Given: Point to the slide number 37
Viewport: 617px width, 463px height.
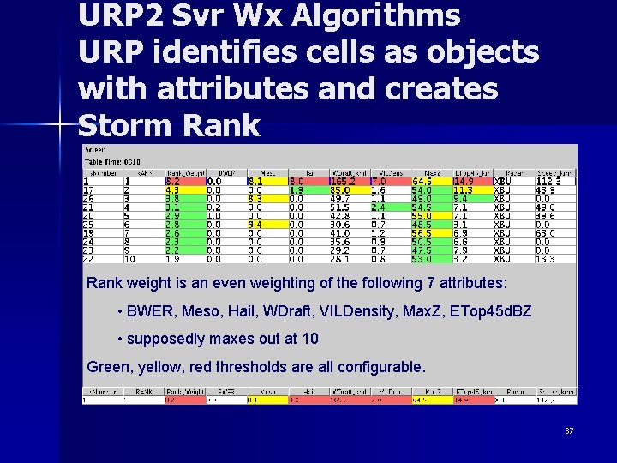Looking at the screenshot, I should [x=569, y=430].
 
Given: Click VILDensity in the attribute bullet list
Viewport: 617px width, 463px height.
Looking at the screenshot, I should [x=341, y=311].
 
